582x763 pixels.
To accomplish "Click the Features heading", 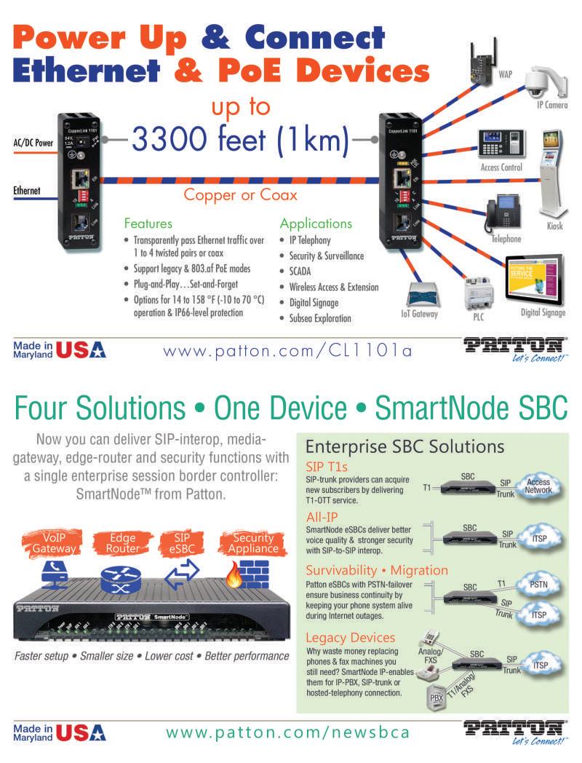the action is [x=148, y=224].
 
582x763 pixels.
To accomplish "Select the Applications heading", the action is [x=315, y=224].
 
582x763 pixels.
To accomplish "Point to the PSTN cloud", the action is [x=539, y=584].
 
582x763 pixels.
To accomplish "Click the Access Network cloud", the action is [x=538, y=486].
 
